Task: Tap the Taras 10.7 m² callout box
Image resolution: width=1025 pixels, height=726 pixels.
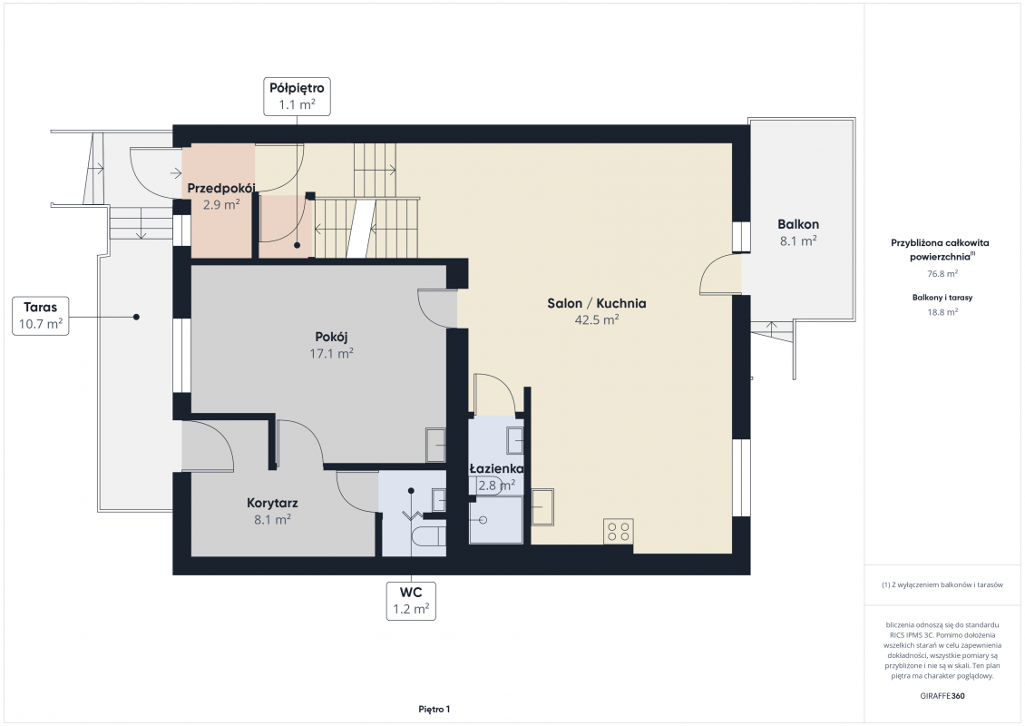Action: pyautogui.click(x=41, y=315)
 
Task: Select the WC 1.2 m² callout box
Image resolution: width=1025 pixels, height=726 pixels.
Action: pyautogui.click(x=411, y=601)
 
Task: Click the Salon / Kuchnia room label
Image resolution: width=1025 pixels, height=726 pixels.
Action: pyautogui.click(x=597, y=303)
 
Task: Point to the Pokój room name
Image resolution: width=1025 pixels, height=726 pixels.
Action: pyautogui.click(x=331, y=337)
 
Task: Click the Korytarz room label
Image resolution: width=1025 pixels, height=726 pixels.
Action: pyautogui.click(x=273, y=503)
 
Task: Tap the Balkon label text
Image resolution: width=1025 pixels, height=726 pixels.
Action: pyautogui.click(x=798, y=224)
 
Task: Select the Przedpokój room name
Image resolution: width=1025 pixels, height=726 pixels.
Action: pyautogui.click(x=221, y=189)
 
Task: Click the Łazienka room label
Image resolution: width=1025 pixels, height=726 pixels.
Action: pyautogui.click(x=497, y=468)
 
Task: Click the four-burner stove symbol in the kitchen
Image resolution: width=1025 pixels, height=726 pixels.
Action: pyautogui.click(x=619, y=531)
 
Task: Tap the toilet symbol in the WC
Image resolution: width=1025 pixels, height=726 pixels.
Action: pyautogui.click(x=429, y=535)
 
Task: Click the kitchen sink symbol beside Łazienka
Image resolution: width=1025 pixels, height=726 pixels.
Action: pyautogui.click(x=542, y=507)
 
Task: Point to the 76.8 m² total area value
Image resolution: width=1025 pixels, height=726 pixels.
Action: pyautogui.click(x=942, y=274)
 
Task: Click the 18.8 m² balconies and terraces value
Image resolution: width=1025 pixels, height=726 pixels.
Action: pyautogui.click(x=942, y=312)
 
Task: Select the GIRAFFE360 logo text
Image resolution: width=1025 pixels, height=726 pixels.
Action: pyautogui.click(x=942, y=696)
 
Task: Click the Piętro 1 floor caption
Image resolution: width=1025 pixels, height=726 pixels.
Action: pyautogui.click(x=434, y=709)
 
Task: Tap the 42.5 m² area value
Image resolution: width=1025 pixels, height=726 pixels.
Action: pyautogui.click(x=597, y=319)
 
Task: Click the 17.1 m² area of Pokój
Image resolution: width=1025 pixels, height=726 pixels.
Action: pyautogui.click(x=331, y=353)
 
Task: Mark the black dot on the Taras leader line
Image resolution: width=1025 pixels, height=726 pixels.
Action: pyautogui.click(x=137, y=318)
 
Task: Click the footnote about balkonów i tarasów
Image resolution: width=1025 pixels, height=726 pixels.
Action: pyautogui.click(x=942, y=584)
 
